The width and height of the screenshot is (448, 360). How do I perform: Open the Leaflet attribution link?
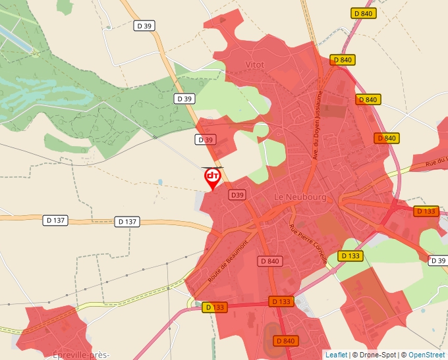336,355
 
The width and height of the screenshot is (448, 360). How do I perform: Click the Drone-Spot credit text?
375,355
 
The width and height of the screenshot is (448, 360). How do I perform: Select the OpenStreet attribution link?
426,355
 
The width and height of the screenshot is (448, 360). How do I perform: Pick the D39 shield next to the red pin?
237,195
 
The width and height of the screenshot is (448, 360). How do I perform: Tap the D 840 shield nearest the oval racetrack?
285,340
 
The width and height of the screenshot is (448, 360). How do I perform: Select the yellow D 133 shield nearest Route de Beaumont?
215,307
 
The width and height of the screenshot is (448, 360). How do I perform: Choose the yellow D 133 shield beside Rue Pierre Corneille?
350,255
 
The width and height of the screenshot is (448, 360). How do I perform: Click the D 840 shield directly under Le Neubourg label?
270,261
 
